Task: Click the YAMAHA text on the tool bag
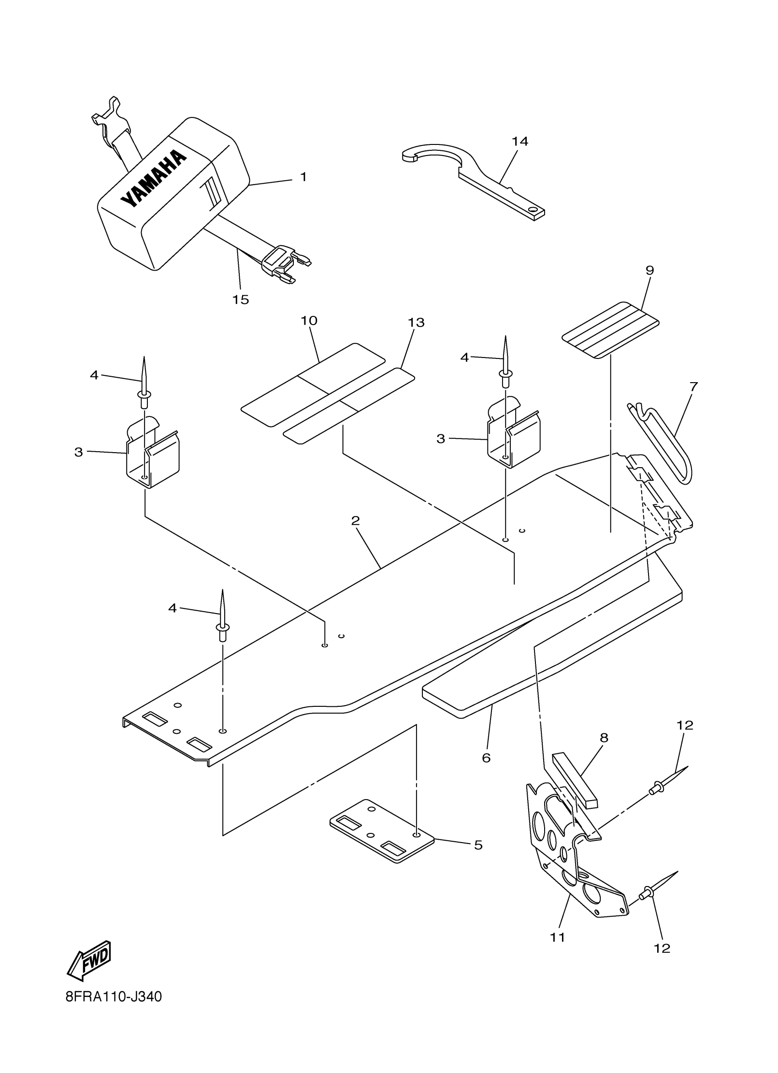click(152, 179)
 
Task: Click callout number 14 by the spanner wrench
click(519, 141)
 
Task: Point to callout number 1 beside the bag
click(303, 177)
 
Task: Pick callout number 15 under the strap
click(241, 299)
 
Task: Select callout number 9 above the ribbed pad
click(650, 270)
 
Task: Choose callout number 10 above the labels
click(309, 320)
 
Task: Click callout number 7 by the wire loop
click(693, 386)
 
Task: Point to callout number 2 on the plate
click(356, 520)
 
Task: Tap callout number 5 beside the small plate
click(478, 845)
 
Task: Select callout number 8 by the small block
click(604, 737)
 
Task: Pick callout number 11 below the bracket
click(558, 937)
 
